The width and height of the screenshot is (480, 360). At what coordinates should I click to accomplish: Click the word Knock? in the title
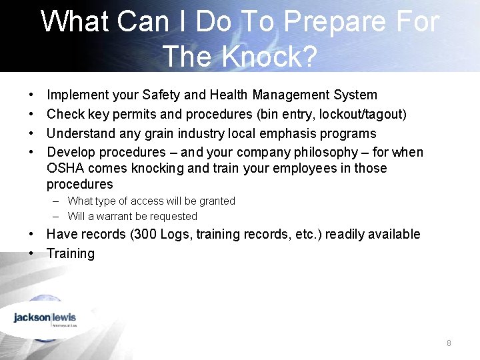[x=272, y=56]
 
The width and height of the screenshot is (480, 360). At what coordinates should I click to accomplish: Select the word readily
[x=340, y=234]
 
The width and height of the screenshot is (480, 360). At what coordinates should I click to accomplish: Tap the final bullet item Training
[x=71, y=253]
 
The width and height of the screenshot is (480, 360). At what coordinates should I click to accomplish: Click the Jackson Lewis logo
[x=45, y=319]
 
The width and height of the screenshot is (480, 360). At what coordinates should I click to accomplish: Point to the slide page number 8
[x=449, y=343]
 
